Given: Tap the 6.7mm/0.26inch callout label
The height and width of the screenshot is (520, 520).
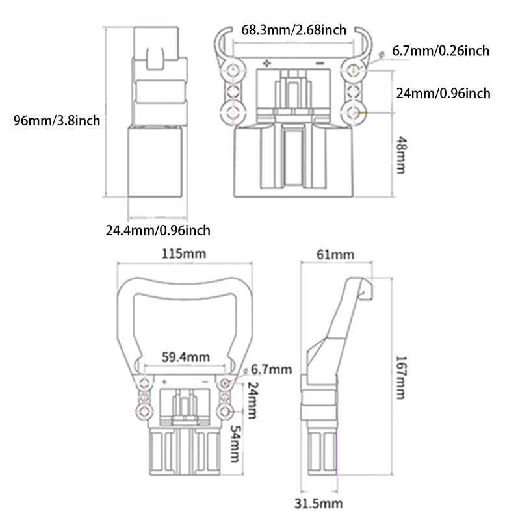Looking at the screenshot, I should coord(441,51).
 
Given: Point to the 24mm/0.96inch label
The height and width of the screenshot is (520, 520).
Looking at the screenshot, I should coord(443,94).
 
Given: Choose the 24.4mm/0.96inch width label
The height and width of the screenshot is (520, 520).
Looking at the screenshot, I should coord(158,229).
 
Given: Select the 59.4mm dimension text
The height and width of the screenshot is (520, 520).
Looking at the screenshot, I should coord(185,356).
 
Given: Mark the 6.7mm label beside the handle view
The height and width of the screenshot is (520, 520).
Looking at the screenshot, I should coord(268,369).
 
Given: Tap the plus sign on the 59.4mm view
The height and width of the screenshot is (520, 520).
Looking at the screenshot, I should coord(164,380).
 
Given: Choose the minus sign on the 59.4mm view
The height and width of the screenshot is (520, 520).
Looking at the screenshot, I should coord(205,380).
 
